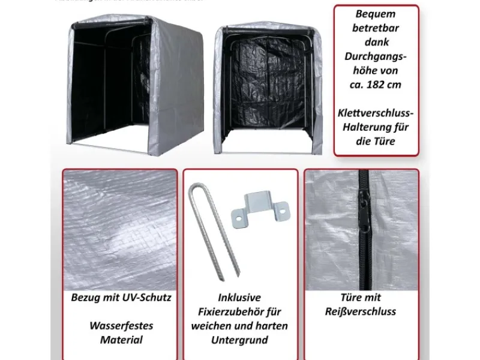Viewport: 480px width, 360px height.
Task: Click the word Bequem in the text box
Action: [x=376, y=13]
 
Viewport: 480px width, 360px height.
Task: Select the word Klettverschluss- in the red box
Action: [x=376, y=113]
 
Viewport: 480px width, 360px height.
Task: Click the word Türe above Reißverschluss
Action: [x=351, y=298]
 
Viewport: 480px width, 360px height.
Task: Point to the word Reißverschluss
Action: [x=361, y=311]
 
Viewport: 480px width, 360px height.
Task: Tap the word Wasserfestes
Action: [x=121, y=326]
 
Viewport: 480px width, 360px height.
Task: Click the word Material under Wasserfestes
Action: [x=121, y=340]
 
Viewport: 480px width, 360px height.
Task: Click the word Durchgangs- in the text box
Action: [x=376, y=56]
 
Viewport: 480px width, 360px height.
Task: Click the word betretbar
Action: [x=376, y=28]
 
